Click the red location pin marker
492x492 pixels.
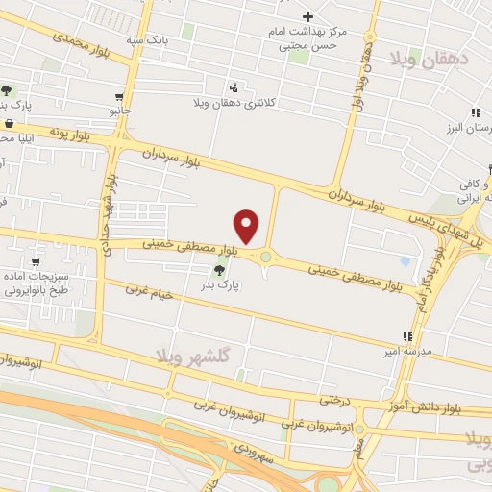pos(248,226)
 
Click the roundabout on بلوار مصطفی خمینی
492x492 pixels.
pos(266,257)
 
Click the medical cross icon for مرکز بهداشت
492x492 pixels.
pos(307,16)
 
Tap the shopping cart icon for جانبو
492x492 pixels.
pos(119,97)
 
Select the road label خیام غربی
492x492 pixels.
pos(150,291)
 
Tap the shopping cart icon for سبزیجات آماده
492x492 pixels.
pos(36,260)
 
